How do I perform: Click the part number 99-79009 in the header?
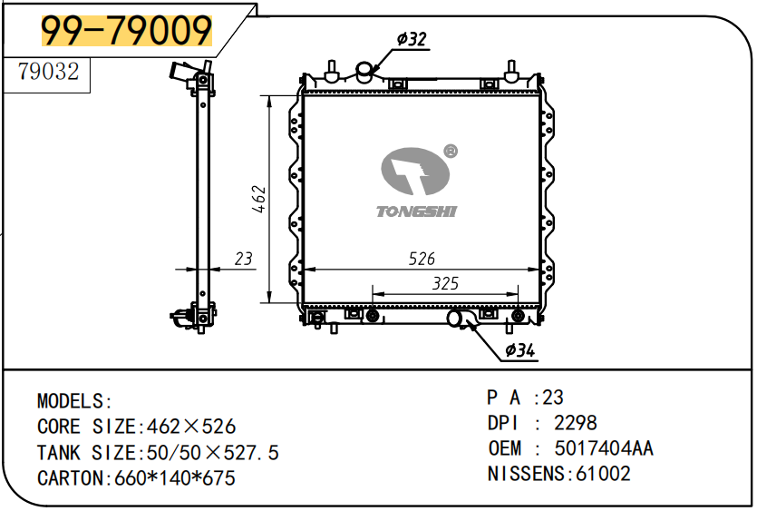127,30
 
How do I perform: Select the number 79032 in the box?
48,71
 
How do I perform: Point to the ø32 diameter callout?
412,39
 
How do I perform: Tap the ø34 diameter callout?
520,350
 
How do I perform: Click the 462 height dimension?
259,199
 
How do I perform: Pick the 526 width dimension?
422,259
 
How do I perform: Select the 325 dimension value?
445,284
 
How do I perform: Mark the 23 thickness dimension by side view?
243,259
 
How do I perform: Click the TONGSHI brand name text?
416,211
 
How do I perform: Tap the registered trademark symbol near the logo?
450,152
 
